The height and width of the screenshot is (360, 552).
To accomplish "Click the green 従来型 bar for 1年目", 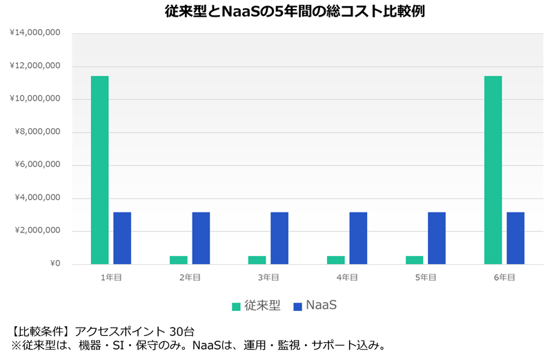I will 99,170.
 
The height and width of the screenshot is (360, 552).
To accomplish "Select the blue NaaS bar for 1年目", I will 122,238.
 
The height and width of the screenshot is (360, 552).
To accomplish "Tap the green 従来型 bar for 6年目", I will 493,170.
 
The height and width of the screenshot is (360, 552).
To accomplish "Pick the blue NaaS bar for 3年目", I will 279,238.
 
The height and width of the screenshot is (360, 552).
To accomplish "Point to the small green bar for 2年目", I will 178,260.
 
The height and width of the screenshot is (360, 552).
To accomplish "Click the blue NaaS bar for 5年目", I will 437,238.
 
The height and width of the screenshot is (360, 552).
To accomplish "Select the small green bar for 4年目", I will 335,260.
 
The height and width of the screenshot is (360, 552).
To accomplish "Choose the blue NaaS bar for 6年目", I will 515,238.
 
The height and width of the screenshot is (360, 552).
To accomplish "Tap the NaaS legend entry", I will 315,306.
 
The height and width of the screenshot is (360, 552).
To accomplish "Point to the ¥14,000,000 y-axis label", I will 35,32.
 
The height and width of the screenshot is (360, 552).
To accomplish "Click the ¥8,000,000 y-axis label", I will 37,132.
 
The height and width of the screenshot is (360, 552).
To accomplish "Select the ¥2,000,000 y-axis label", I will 37,231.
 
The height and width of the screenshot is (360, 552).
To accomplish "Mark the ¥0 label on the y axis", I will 54,264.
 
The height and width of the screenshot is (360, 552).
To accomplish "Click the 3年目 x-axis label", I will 268,277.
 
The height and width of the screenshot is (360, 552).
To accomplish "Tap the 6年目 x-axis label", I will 504,277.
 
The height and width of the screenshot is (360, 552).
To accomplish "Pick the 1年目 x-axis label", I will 111,277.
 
